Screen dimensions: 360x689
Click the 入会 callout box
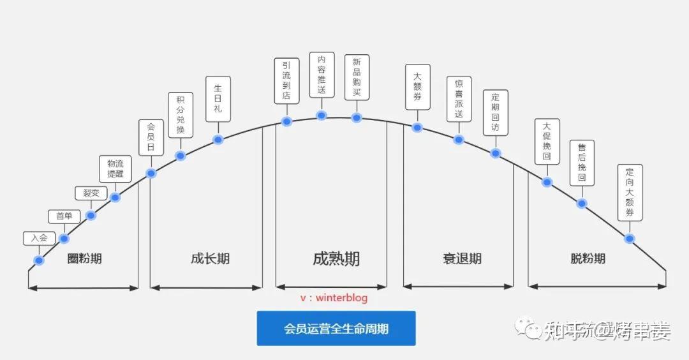[36, 237]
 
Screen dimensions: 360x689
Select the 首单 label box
[64, 216]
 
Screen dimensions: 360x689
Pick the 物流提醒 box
[115, 169]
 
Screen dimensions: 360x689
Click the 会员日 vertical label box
[151, 138]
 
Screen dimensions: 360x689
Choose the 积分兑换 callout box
[181, 115]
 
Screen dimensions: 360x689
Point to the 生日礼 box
[218, 99]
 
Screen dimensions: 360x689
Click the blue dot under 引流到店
[286, 121]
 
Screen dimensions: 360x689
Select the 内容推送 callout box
[322, 75]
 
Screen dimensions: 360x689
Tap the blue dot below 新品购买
[357, 117]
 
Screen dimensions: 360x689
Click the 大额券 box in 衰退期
[417, 87]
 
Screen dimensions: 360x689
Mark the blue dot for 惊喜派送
[459, 139]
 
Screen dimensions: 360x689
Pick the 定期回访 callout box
[496, 112]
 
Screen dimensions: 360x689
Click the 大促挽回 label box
[547, 142]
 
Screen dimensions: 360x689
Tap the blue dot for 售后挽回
[581, 204]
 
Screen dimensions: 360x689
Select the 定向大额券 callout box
[630, 192]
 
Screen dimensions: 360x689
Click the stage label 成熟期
[336, 259]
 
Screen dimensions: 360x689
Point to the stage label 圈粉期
[85, 259]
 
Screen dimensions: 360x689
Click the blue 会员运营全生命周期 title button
[336, 329]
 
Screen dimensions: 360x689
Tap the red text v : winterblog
[334, 298]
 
